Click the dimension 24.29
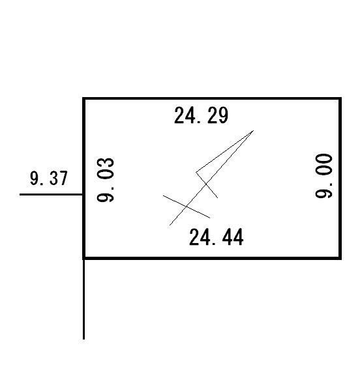click(201, 115)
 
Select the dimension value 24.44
click(217, 237)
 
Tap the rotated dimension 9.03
click(106, 180)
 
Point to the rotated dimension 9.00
click(323, 176)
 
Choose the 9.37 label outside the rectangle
click(49, 178)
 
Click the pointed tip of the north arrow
click(253, 130)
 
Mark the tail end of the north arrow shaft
click(170, 225)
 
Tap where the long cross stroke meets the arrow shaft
click(187, 207)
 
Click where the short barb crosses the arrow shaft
click(206, 184)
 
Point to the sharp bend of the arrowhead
click(196, 172)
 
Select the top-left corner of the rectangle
click(83, 98)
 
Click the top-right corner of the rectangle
click(340, 98)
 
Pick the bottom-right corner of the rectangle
click(340, 258)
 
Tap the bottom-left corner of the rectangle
click(83, 258)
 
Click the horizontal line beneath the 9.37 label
click(51, 194)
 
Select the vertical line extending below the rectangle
click(83, 299)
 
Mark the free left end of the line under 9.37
click(20, 194)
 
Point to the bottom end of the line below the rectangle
click(83, 339)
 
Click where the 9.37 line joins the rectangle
click(83, 194)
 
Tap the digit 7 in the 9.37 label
click(63, 178)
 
